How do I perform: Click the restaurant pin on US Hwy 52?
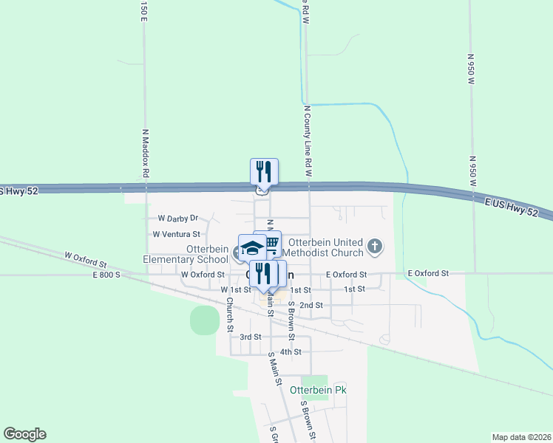(264, 172)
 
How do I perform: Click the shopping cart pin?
(270, 243)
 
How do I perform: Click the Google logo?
(24, 434)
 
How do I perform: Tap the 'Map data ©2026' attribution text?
(521, 436)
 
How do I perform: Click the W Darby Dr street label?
(178, 219)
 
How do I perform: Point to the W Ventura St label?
(176, 234)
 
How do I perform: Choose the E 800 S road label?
(106, 275)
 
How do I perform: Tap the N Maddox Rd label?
(146, 153)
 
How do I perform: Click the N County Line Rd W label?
(307, 141)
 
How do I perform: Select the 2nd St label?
(311, 305)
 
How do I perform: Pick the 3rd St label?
(250, 337)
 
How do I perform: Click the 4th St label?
(291, 351)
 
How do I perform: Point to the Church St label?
(231, 315)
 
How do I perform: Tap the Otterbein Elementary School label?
(186, 254)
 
